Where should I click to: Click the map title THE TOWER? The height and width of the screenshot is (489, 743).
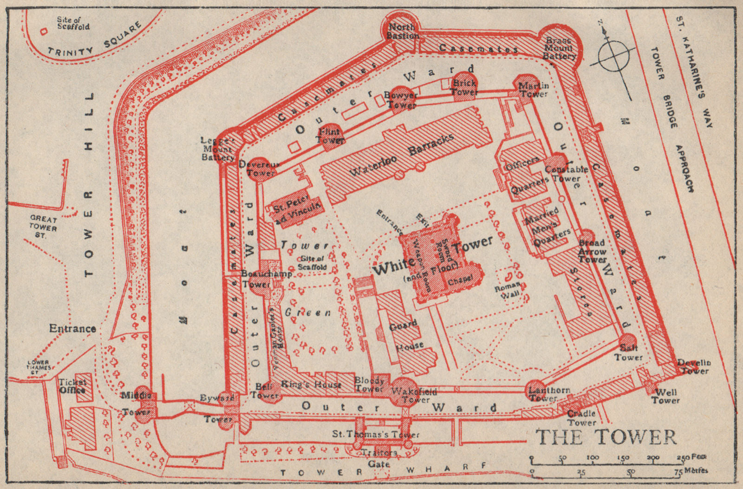click(606, 437)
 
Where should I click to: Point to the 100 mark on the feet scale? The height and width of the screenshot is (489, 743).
click(592, 457)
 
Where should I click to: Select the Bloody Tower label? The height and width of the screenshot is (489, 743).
click(369, 384)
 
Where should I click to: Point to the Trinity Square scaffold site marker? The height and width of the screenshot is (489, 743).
click(44, 32)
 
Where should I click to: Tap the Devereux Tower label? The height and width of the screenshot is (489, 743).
click(259, 169)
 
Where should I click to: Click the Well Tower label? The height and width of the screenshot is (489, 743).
click(665, 396)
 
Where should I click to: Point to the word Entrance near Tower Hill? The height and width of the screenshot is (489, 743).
click(72, 329)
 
